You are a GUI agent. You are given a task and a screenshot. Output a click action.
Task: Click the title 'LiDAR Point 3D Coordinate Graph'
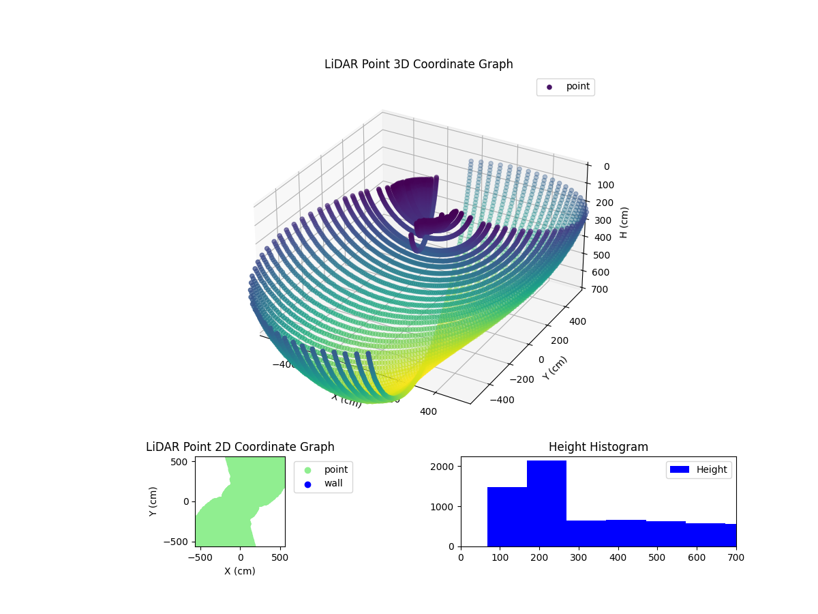coord(419,64)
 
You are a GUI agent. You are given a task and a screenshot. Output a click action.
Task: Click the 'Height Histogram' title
coord(598,447)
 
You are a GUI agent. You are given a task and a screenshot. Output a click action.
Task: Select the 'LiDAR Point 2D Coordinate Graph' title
coord(240,447)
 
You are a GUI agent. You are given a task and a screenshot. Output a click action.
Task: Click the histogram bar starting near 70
coord(506,516)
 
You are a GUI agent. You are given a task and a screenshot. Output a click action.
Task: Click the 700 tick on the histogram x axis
coord(736,557)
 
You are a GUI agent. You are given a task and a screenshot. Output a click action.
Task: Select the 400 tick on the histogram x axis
coord(618,557)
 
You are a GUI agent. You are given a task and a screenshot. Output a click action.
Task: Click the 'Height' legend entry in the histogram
coord(699,469)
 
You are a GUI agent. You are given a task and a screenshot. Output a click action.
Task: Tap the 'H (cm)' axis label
coord(624,222)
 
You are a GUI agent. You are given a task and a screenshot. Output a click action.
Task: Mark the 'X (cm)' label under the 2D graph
coord(240,571)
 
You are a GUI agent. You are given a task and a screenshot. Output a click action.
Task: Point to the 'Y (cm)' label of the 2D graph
coord(153,501)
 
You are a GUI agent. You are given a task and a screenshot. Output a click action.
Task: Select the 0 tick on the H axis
coord(606,166)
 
